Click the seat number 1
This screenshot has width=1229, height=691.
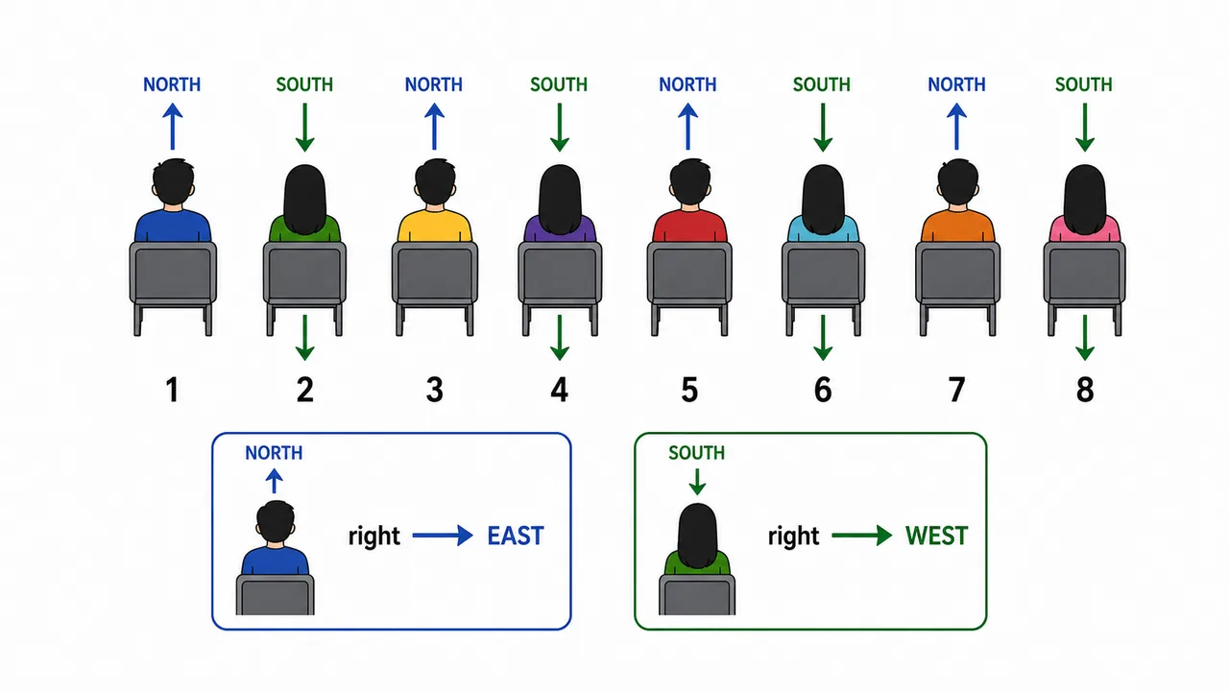[172, 390]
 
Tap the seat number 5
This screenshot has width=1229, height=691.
[689, 390]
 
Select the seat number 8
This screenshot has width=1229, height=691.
[1085, 390]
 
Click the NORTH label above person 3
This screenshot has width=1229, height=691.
[433, 84]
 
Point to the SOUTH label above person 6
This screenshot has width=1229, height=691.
[821, 84]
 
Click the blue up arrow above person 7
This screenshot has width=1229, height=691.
[956, 127]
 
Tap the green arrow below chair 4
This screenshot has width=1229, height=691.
[559, 338]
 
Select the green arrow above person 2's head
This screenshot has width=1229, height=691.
[304, 128]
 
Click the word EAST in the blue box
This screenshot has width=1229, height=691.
[516, 536]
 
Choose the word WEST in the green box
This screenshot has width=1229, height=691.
[936, 536]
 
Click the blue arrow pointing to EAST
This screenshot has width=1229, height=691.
[443, 536]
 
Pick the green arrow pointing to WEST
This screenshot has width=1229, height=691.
[862, 536]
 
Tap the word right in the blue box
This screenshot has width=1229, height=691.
[374, 536]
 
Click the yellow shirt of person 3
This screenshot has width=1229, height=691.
[434, 226]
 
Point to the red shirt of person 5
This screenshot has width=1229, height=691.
[689, 226]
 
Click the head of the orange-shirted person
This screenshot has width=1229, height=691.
[957, 181]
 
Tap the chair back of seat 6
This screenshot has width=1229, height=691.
[823, 273]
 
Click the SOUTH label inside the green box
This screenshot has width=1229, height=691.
[696, 453]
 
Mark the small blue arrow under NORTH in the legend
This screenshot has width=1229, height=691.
[274, 481]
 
